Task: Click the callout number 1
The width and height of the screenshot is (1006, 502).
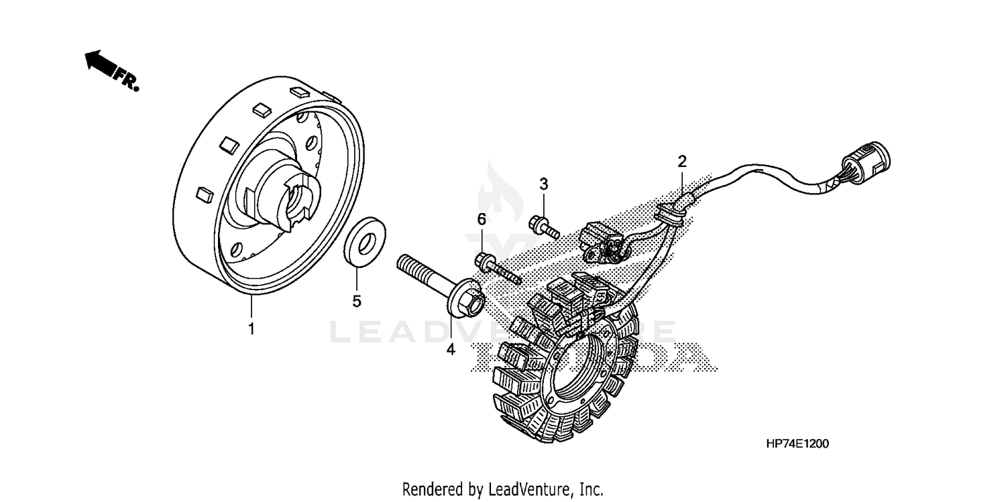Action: [x=251, y=329]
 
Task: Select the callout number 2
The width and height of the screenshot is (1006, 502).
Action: [x=682, y=161]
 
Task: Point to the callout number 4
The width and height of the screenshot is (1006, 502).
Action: [x=451, y=349]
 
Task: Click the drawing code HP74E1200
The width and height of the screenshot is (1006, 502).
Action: [x=798, y=444]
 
